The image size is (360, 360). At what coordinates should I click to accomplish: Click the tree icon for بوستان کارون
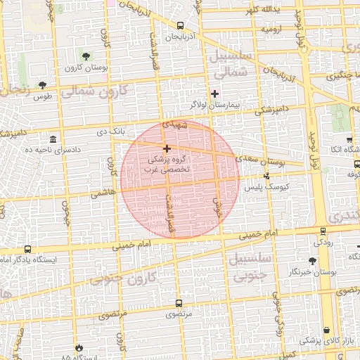pyautogui.click(x=86, y=56)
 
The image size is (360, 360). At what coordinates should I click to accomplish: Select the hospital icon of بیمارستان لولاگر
pyautogui.click(x=215, y=94)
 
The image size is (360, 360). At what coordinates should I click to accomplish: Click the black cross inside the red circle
pyautogui.click(x=167, y=148)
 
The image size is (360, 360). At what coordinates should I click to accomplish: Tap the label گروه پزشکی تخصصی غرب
pyautogui.click(x=166, y=166)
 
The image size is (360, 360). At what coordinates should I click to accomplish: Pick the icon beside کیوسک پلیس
pyautogui.click(x=266, y=176)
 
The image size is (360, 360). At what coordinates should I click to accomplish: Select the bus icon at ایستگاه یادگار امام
pyautogui.click(x=27, y=249)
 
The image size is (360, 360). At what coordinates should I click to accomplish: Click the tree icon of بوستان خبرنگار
pyautogui.click(x=312, y=260)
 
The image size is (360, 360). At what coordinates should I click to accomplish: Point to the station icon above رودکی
pyautogui.click(x=323, y=231)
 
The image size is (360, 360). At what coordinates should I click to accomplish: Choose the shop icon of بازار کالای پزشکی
pyautogui.click(x=327, y=330)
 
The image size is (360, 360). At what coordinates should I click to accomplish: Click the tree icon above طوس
pyautogui.click(x=42, y=85)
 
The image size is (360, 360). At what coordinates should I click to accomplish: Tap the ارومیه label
pyautogui.click(x=274, y=30)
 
